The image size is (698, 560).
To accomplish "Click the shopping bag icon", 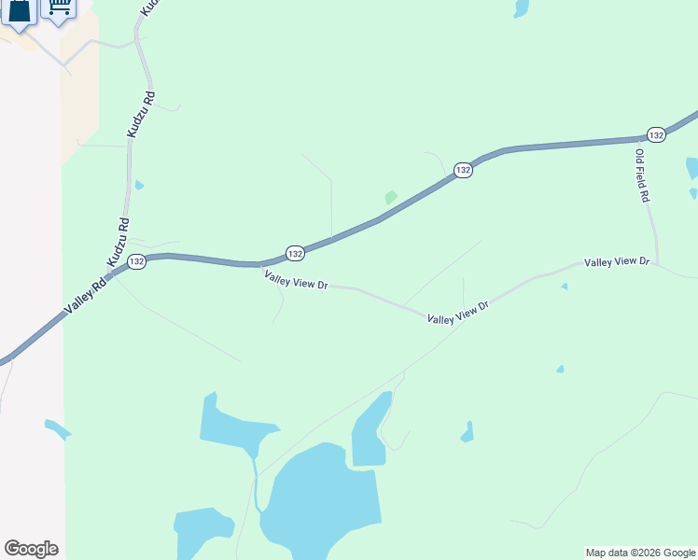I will pyautogui.click(x=20, y=11).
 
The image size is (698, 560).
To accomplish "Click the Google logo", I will pyautogui.click(x=31, y=549).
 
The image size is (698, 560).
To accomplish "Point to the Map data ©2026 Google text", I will pyautogui.click(x=640, y=553).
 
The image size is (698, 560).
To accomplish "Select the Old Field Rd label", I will pyautogui.click(x=642, y=176).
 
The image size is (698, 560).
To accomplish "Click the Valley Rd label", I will pyautogui.click(x=85, y=295).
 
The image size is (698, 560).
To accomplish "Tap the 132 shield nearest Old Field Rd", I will pyautogui.click(x=656, y=134).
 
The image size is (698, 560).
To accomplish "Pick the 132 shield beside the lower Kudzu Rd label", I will pyautogui.click(x=136, y=261).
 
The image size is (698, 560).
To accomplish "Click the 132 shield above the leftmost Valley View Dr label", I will pyautogui.click(x=295, y=253).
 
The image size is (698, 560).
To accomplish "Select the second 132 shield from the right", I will pyautogui.click(x=463, y=170).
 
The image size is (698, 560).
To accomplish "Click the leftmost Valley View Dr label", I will pyautogui.click(x=296, y=279).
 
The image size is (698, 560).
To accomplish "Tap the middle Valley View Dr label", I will pyautogui.click(x=458, y=313).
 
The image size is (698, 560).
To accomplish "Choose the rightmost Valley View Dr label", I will pyautogui.click(x=616, y=262).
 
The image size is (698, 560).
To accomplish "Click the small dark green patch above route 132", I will pyautogui.click(x=390, y=197).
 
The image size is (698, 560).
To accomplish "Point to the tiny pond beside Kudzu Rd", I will pyautogui.click(x=139, y=185).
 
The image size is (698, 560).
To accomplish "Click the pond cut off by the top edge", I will pyautogui.click(x=521, y=7).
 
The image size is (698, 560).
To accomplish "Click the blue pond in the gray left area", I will pyautogui.click(x=57, y=429).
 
